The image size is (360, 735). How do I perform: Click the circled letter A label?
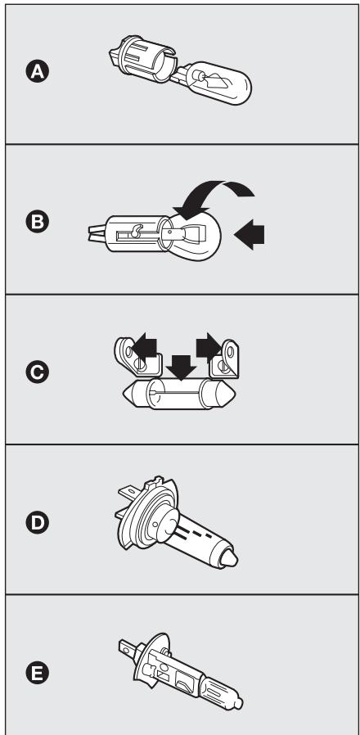[37, 72]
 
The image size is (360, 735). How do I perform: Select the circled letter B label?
[37, 222]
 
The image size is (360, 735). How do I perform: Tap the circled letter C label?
[37, 372]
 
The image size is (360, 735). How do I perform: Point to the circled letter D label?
[37, 523]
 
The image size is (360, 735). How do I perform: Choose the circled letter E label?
[37, 674]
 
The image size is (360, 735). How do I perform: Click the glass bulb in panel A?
[218, 83]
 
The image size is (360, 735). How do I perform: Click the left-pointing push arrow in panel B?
[249, 234]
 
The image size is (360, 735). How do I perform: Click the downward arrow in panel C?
[181, 367]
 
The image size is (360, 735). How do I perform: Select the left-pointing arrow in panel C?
[144, 347]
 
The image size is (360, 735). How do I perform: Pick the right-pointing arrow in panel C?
[209, 347]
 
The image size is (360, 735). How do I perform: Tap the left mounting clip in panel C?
[137, 357]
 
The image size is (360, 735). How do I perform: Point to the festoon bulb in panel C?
[178, 394]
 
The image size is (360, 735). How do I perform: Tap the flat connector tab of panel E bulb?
[128, 647]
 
